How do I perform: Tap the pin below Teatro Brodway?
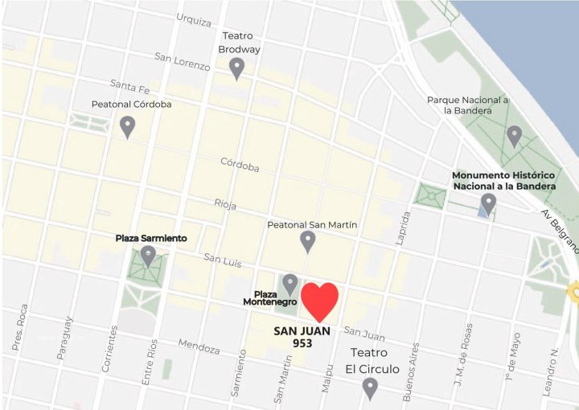tap(236, 69)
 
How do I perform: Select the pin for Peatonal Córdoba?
tap(127, 127)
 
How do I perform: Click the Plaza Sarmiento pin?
tap(148, 256)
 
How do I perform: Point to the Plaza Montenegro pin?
tap(290, 285)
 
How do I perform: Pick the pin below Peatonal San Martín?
tap(307, 241)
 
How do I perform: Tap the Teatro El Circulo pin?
tap(370, 389)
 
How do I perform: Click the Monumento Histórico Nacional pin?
tap(488, 204)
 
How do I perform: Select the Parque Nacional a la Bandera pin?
tap(514, 137)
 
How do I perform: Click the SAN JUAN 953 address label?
tap(301, 337)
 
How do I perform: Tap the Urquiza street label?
tap(193, 18)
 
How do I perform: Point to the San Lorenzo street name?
tap(183, 61)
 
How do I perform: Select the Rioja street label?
tap(225, 204)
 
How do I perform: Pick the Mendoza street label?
tap(199, 347)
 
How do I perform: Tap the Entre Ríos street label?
tap(148, 364)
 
